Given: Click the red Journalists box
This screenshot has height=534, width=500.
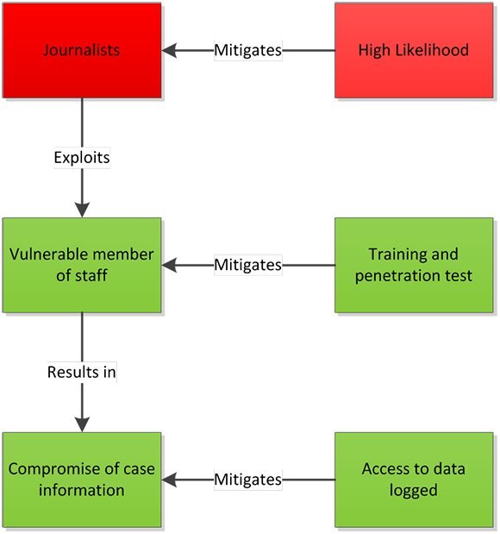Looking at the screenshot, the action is coord(82,50).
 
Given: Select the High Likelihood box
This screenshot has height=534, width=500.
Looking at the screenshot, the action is coord(414,50).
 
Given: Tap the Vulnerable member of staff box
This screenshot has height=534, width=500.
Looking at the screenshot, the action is coord(82,265).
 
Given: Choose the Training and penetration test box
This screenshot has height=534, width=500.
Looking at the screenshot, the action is coord(414,265).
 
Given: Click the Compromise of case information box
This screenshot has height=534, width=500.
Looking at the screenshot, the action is coord(82,480).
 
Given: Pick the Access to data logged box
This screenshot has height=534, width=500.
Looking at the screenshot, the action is coord(414,480).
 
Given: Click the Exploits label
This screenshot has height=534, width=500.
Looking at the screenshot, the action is coord(82,158).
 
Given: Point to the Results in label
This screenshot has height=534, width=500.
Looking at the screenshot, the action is coord(82,372).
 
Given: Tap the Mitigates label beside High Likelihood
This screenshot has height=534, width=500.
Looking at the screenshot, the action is coord(248,50).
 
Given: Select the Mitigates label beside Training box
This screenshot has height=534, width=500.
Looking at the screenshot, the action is coord(248,265).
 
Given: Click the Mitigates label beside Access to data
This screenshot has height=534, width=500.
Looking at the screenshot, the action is coord(248,480).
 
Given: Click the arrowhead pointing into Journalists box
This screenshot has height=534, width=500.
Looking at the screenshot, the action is coord(169,50).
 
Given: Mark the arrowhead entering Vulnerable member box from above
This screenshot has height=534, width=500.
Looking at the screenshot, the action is coord(82,210).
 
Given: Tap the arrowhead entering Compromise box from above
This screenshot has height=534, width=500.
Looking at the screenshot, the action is coord(82,424).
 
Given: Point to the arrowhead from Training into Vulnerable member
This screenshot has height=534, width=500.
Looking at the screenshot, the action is coord(169,265).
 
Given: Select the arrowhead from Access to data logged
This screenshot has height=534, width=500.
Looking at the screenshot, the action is coord(169,480).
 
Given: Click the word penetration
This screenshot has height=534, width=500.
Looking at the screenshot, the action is coord(391,276).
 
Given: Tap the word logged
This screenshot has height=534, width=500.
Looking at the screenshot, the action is coord(414,491).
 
